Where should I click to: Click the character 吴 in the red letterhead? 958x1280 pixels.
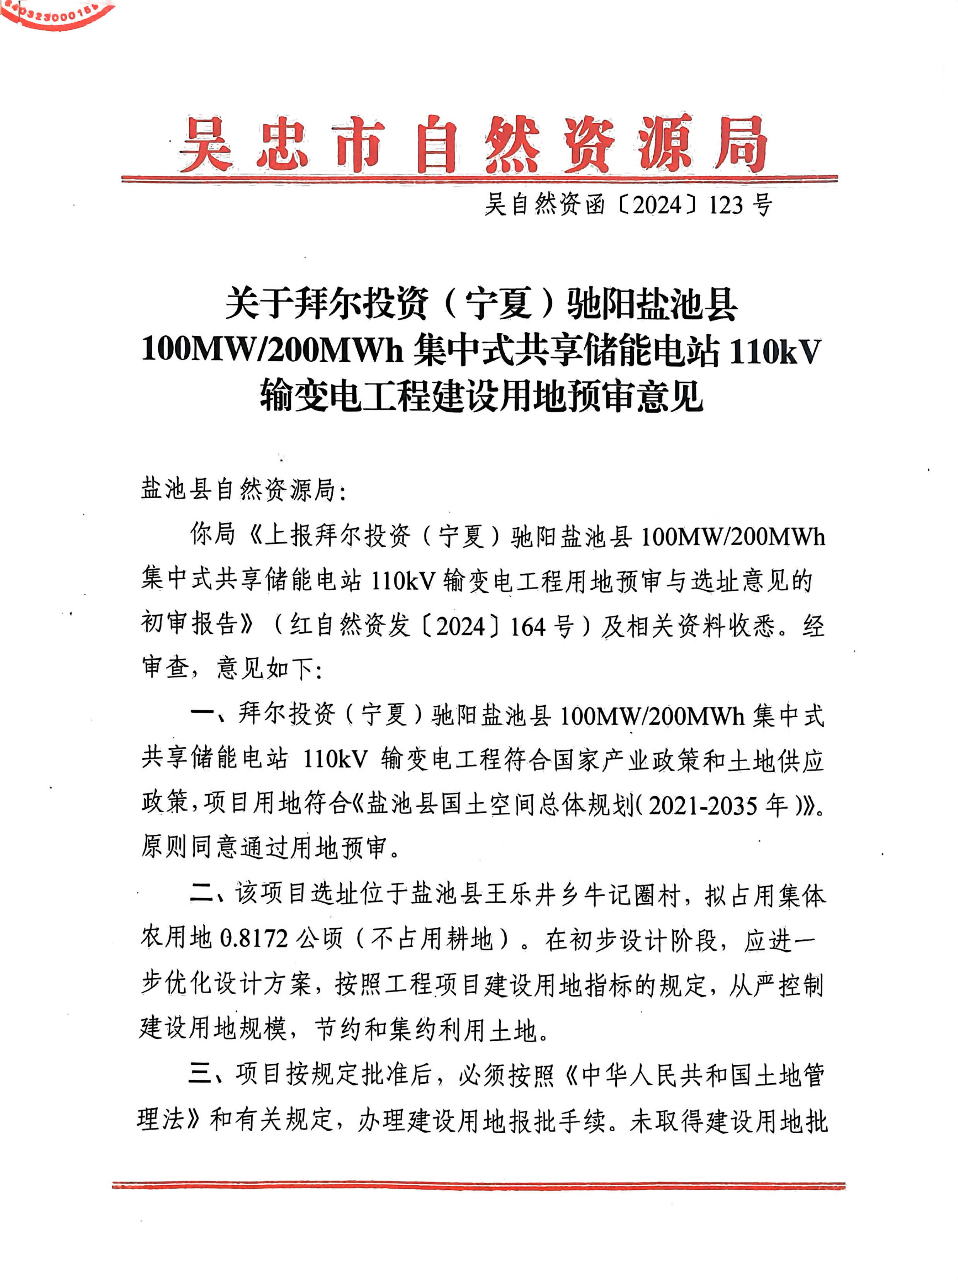205,143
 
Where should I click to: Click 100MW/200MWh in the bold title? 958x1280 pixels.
272,351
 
